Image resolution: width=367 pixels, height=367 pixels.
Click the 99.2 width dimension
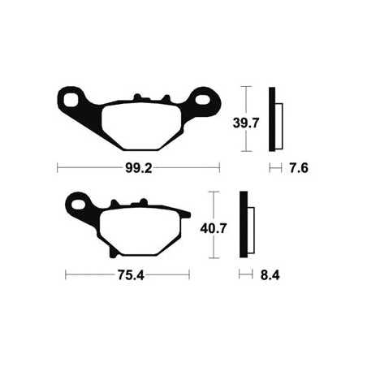[138, 169]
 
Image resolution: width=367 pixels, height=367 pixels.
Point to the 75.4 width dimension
[128, 275]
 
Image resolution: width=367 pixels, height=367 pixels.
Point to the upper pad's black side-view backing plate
[274, 119]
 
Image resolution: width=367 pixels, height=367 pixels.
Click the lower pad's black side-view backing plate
[242, 225]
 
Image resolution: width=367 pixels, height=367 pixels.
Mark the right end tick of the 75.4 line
[192, 275]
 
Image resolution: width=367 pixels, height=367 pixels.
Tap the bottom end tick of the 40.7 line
[214, 257]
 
